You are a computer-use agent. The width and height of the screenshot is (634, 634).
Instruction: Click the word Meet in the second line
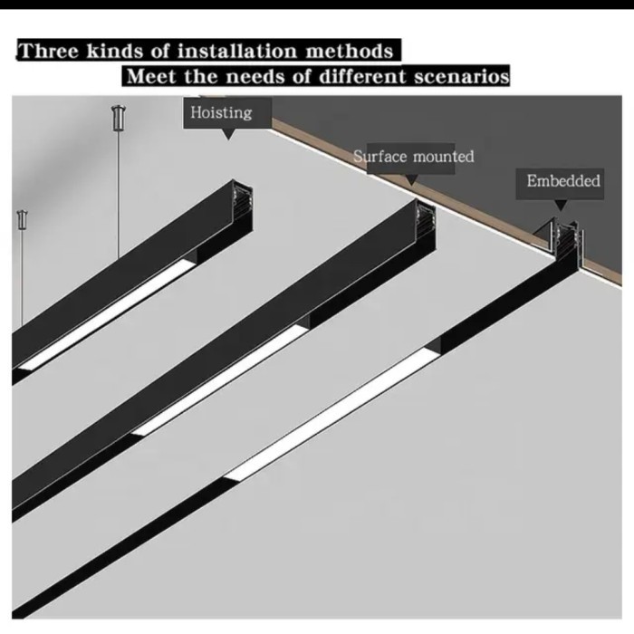click(151, 76)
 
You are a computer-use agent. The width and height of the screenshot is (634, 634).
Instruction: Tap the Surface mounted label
click(413, 157)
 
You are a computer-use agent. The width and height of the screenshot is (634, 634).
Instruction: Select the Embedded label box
click(563, 181)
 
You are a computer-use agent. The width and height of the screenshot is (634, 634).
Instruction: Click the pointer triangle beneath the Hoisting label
click(226, 134)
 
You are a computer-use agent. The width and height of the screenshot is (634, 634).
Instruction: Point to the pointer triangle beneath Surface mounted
click(412, 178)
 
